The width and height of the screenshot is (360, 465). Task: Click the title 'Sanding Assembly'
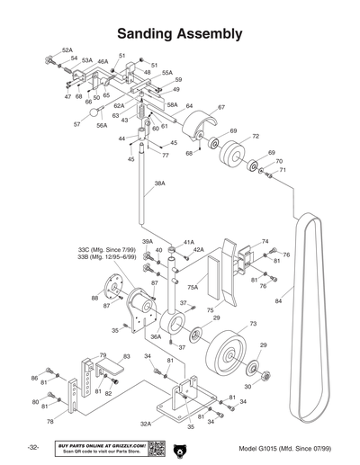click(x=179, y=34)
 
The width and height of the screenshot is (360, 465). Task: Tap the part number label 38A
click(x=159, y=183)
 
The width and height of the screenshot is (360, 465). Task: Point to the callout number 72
click(x=256, y=137)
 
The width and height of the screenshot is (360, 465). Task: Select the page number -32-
click(x=32, y=448)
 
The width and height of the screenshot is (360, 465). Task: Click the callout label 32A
click(x=146, y=423)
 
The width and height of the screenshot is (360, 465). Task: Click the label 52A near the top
click(x=67, y=50)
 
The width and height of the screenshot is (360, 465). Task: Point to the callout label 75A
click(x=193, y=287)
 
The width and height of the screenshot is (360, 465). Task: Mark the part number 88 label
click(x=94, y=298)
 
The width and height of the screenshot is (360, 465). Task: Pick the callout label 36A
click(x=156, y=336)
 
